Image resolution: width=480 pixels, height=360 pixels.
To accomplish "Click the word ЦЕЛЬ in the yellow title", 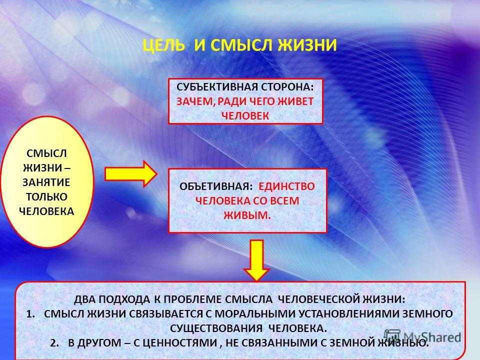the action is click(x=164, y=45).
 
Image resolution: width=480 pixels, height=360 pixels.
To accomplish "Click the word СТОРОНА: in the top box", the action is click(x=287, y=87).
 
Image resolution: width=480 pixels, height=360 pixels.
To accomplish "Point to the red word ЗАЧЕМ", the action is click(x=194, y=101).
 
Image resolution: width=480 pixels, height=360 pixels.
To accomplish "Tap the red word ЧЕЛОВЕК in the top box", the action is click(x=245, y=116).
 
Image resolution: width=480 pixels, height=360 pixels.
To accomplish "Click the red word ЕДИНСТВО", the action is click(x=286, y=186).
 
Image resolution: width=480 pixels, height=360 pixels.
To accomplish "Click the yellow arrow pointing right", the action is click(x=131, y=174).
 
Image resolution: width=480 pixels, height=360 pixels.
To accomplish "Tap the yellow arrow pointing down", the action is click(x=256, y=260).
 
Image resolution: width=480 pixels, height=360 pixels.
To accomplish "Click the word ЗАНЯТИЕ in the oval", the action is click(x=46, y=182).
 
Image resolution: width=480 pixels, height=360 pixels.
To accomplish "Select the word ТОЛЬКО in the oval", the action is click(x=46, y=197).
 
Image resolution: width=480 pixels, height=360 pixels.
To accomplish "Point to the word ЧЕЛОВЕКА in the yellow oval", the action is click(x=46, y=211).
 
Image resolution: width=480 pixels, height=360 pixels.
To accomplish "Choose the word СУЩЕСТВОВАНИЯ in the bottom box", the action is click(x=216, y=328).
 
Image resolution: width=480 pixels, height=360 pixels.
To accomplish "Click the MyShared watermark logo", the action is click(x=422, y=336).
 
